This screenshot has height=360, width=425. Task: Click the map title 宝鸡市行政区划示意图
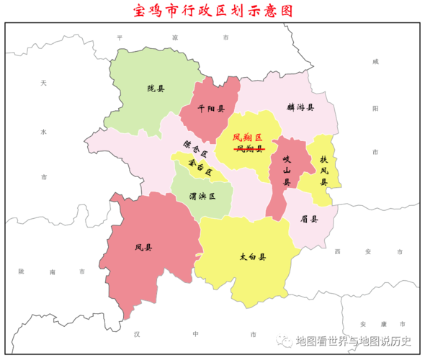pyautogui.click(x=213, y=12)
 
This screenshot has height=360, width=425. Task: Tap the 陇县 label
pyautogui.click(x=156, y=89)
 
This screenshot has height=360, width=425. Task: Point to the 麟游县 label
pyautogui.click(x=300, y=107)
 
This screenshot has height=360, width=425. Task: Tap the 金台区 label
pyautogui.click(x=199, y=168)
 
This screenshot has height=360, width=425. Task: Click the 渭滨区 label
pyautogui.click(x=202, y=195)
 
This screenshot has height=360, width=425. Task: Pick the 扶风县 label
pyautogui.click(x=324, y=171)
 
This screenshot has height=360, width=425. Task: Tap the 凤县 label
pyautogui.click(x=143, y=248)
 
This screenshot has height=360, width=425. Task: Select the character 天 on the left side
pyautogui.click(x=43, y=84)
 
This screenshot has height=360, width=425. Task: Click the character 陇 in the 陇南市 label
pyautogui.click(x=22, y=271)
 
